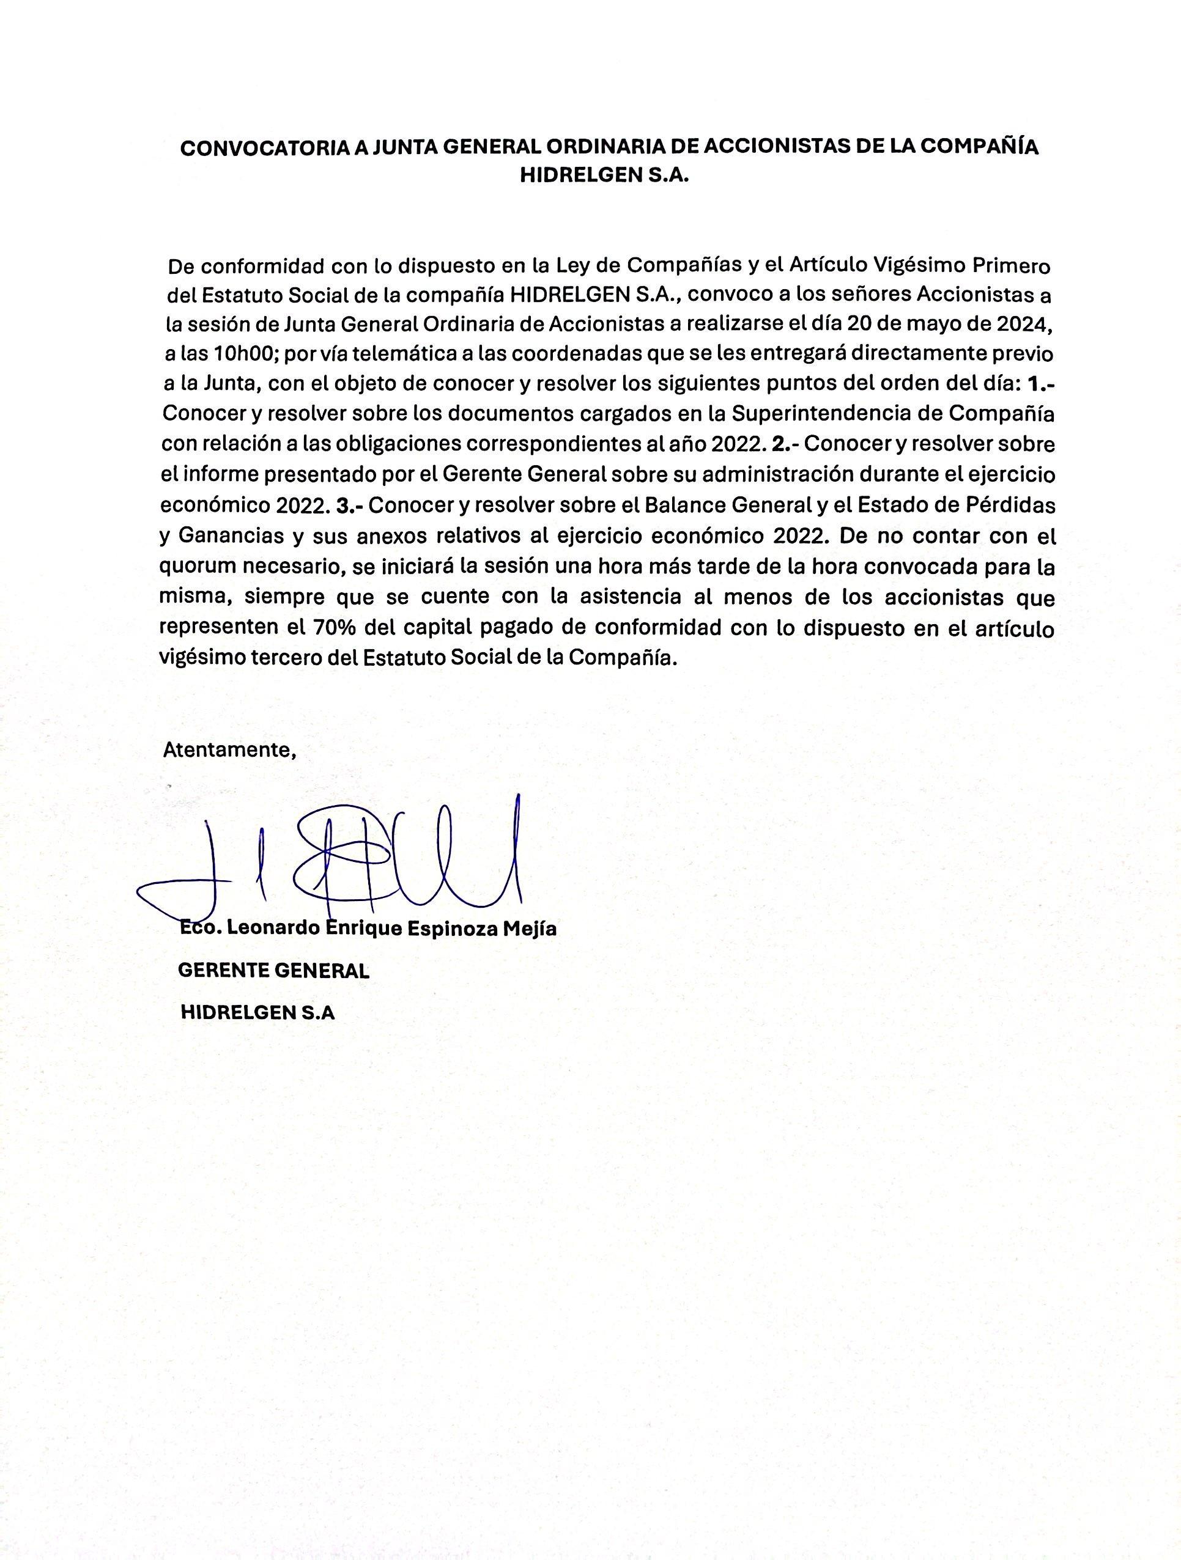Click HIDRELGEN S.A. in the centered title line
(603, 176)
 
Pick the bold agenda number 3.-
(350, 505)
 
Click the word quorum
(198, 568)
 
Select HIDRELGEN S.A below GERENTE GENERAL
(257, 1013)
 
